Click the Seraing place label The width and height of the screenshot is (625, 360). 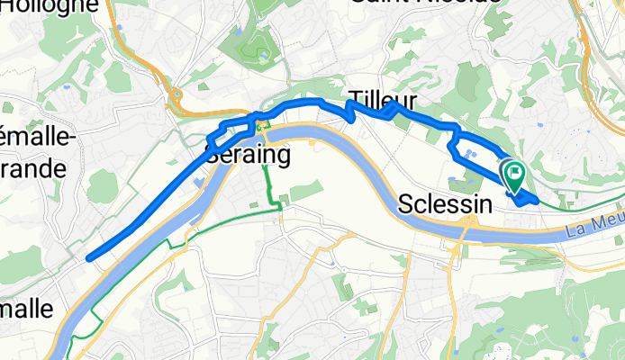(248, 155)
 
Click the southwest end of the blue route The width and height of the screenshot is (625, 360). (89, 258)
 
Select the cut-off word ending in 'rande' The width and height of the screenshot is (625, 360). (33, 168)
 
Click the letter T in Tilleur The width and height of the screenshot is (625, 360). (354, 94)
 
